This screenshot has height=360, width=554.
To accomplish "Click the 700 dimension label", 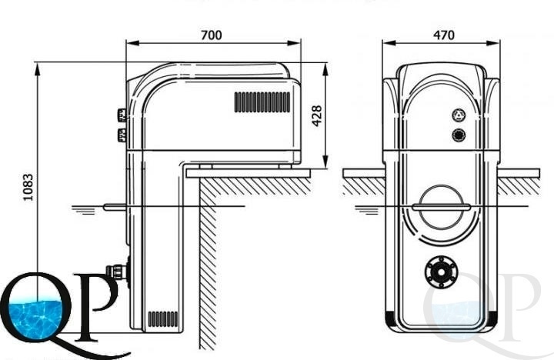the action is [x=212, y=35].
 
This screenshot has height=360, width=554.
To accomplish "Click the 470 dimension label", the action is [x=443, y=35].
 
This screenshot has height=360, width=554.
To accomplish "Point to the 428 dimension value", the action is [x=317, y=115].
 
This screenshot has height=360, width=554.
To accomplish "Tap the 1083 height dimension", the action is [x=28, y=187].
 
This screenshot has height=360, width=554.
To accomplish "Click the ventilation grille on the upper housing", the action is [x=262, y=102].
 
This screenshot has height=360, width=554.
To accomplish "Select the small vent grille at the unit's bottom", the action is [x=163, y=319].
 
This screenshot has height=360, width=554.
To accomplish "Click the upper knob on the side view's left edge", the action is [x=122, y=115].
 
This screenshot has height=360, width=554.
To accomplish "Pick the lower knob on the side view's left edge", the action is [x=122, y=135].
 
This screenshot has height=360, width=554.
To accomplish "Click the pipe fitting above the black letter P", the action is [x=118, y=272].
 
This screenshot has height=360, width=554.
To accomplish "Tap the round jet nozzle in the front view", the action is [x=441, y=272].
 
